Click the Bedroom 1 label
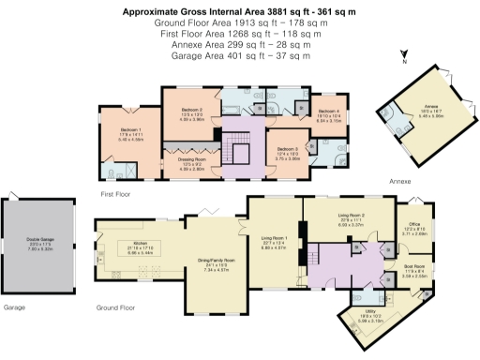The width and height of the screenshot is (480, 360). (130, 131)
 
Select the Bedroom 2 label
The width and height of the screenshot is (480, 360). (191, 112)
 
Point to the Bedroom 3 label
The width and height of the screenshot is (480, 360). (286, 153)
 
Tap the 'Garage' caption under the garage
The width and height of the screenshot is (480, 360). (14, 307)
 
